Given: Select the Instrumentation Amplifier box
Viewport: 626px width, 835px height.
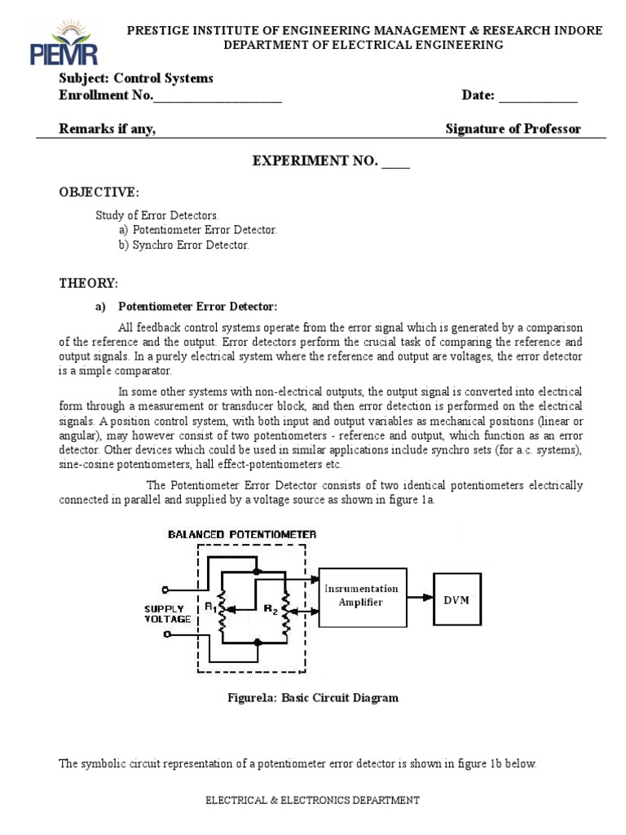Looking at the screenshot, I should pos(362,596).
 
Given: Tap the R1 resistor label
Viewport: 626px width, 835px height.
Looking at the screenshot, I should pos(211,606).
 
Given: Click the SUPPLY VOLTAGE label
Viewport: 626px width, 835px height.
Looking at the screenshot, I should pos(168,613).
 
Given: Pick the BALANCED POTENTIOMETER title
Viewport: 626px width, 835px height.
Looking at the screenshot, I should pos(242,534).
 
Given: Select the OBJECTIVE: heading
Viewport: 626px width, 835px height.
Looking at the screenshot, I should pos(99,192).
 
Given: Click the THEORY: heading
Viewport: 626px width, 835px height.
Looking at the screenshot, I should pos(89,283).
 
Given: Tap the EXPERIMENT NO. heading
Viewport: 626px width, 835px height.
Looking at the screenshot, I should pos(331,161).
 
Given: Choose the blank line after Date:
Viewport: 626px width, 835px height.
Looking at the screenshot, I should pos(538,97).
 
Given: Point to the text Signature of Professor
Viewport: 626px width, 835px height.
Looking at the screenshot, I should pos(514,129).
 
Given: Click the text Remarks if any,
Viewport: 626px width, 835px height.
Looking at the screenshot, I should pos(108,129).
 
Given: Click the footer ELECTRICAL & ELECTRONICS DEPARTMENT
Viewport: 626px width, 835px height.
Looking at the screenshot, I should pos(312,801).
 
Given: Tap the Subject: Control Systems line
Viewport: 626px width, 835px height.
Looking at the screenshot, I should pos(136,78).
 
